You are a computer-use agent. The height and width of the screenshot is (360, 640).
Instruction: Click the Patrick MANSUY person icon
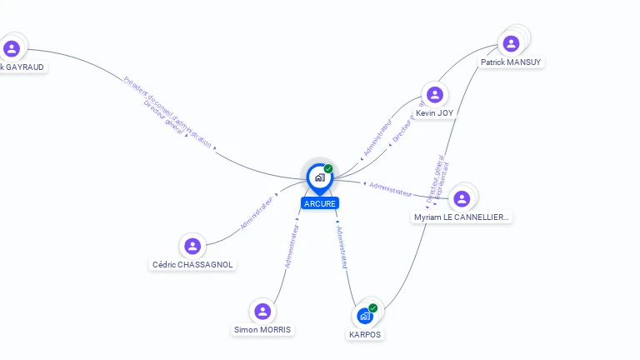pos(511,43)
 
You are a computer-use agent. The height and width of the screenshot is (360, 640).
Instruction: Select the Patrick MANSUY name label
pos(511,62)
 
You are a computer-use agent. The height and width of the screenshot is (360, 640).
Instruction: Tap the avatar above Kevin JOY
pos(434,94)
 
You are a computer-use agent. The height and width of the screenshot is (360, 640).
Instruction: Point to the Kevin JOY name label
pos(435,113)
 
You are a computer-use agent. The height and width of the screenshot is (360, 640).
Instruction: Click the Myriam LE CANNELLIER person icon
pos(462,198)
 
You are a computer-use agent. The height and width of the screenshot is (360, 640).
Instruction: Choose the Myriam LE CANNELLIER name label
pos(462,217)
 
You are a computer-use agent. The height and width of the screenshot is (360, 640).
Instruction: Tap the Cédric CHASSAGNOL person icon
pos(192,246)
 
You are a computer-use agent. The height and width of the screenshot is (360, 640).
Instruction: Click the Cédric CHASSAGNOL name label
pos(193,265)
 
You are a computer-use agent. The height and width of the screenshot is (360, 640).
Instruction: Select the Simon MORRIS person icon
pos(262,312)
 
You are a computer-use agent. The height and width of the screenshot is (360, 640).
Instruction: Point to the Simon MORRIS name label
pos(263,330)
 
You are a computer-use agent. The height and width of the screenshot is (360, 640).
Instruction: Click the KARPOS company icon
pos(364,317)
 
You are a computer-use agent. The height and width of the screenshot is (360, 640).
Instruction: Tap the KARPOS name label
pos(365,335)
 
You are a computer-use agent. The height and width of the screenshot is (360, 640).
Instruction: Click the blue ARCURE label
pos(320,203)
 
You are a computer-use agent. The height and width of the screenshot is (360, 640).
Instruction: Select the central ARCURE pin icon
pos(319,177)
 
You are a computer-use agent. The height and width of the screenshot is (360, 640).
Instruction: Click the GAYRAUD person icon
pos(12,48)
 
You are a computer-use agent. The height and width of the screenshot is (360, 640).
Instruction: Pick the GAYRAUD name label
pos(22,67)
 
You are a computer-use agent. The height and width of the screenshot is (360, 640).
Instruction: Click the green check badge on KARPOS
pos(372,308)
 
